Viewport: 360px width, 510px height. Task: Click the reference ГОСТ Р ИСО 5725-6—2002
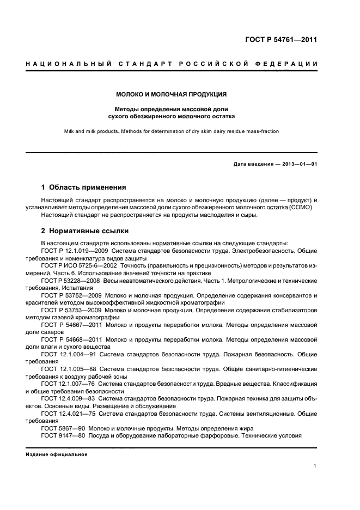(81, 265)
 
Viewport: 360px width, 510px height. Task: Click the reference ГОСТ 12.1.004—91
(68, 354)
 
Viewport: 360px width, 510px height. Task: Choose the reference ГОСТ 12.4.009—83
(68, 399)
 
